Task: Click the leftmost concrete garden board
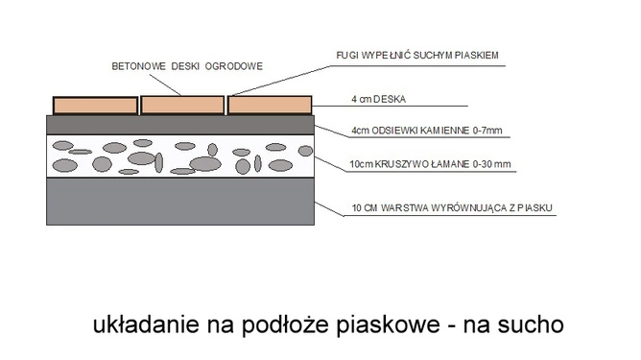tap(95, 104)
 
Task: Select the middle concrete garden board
tap(182, 104)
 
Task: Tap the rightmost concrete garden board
tap(270, 104)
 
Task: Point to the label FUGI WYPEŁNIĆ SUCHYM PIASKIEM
tap(417, 55)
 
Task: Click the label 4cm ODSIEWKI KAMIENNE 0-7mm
tap(415, 131)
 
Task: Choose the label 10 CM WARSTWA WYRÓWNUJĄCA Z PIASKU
tap(454, 208)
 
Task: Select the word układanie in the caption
tap(140, 324)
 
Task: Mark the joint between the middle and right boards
tap(226, 104)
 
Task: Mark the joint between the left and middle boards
tap(139, 104)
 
